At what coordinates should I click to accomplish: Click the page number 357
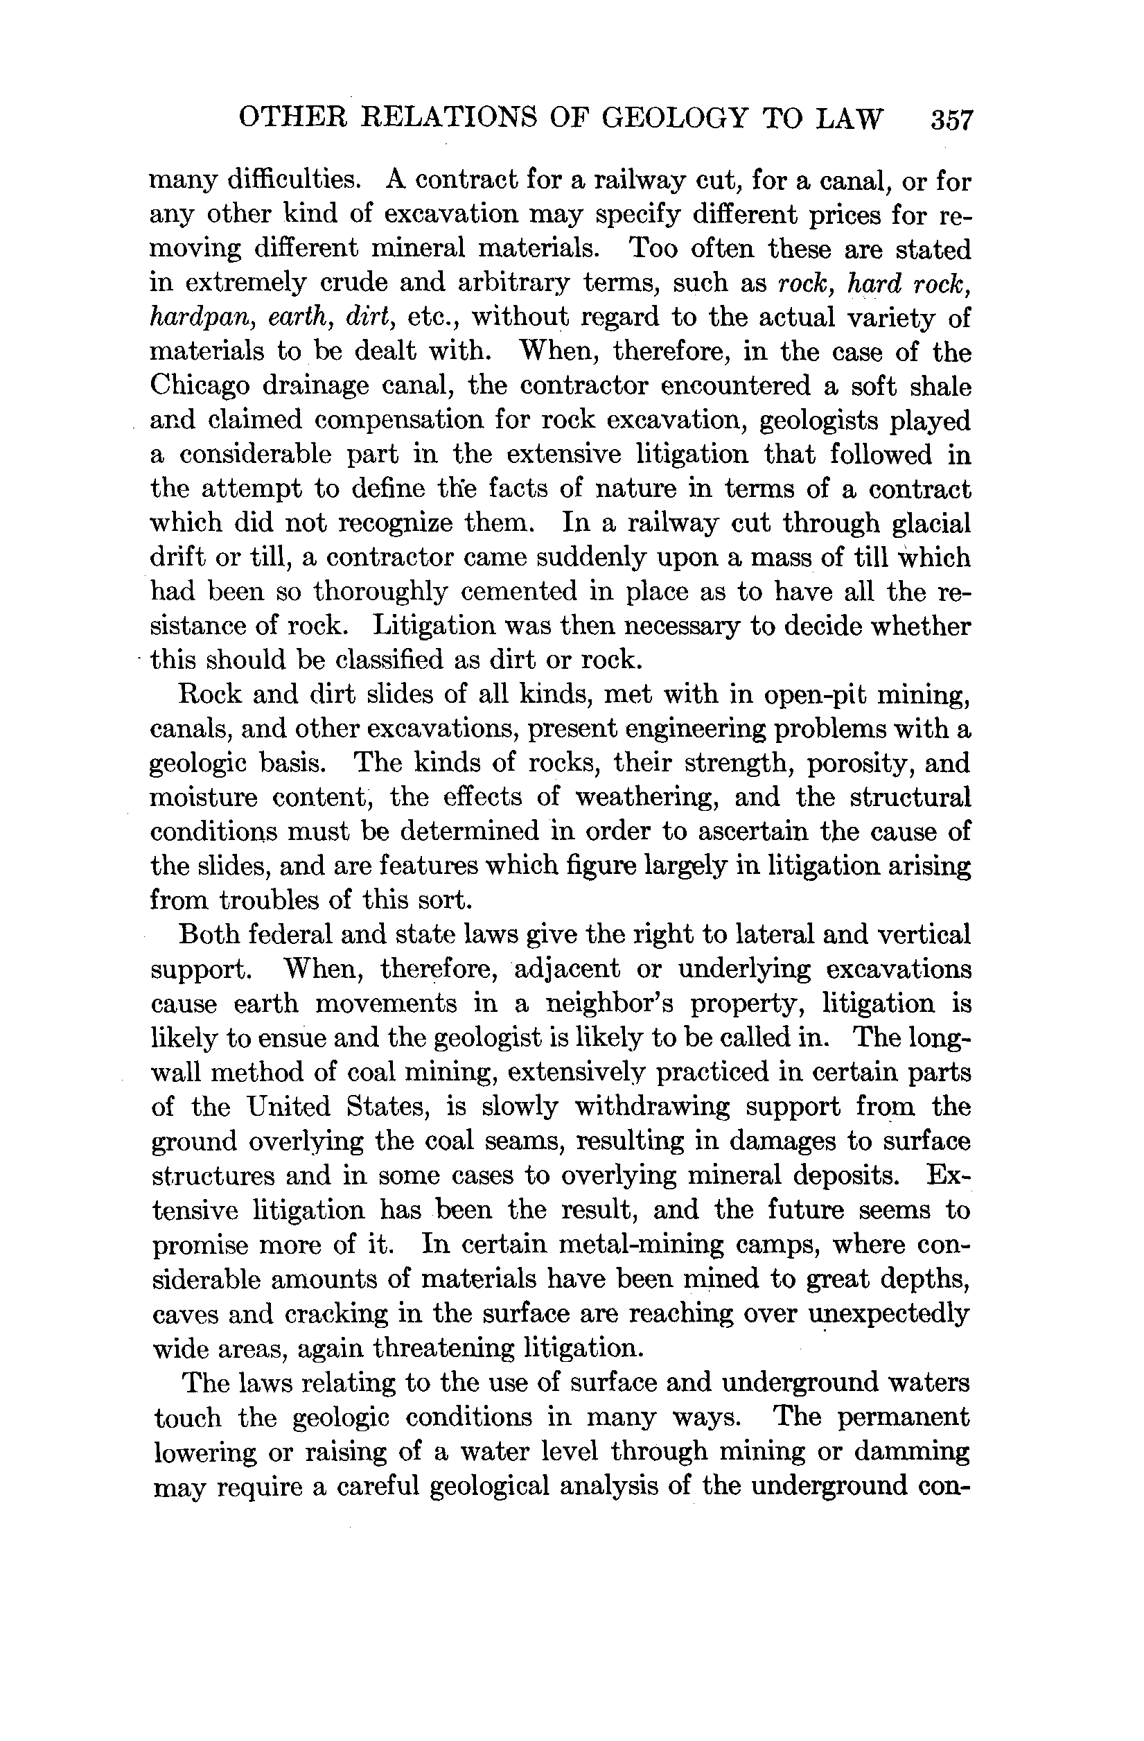pos(951,119)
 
